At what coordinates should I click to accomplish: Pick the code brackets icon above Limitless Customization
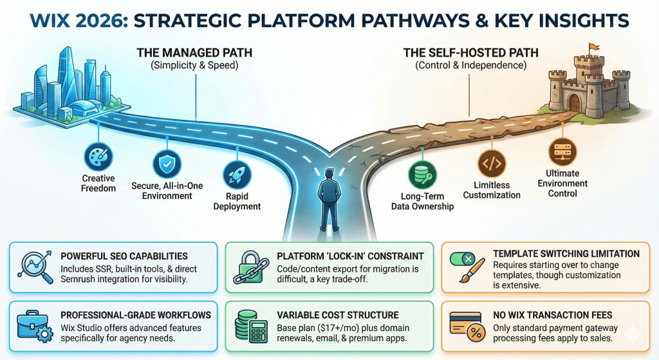[x=492, y=162]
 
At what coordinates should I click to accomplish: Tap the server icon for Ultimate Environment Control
[x=562, y=151]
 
